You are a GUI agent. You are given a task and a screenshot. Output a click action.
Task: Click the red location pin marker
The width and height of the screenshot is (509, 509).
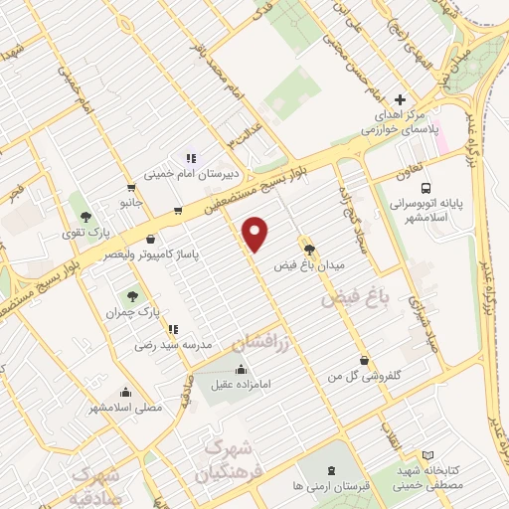(x=256, y=234)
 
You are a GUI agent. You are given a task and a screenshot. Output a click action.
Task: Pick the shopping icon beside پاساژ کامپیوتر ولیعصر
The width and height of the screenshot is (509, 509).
(x=150, y=239)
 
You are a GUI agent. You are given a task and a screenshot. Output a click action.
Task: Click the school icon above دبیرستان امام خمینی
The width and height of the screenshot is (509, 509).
(x=191, y=158)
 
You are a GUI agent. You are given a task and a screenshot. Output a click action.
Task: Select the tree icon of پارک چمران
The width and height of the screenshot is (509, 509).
(x=131, y=296)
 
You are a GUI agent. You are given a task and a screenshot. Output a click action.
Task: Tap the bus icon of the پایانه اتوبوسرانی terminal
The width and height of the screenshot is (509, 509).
(x=425, y=187)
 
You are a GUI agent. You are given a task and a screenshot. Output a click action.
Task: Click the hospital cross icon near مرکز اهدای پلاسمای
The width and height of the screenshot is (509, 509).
(x=401, y=100)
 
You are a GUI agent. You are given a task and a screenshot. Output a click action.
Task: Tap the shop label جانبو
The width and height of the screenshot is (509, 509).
(x=132, y=203)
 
